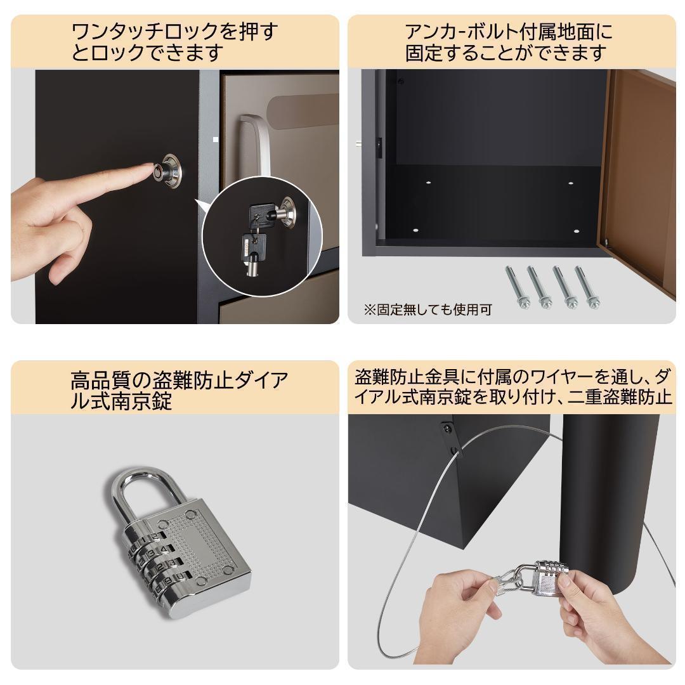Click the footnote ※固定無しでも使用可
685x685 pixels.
(427, 310)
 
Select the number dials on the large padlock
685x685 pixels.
(155, 558)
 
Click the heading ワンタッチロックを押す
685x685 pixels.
(174, 31)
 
